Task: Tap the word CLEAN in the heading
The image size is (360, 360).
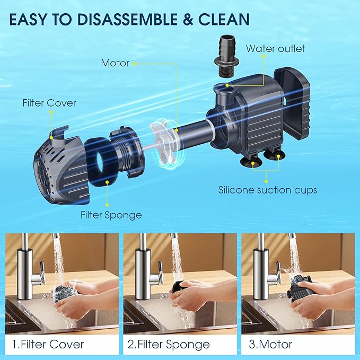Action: [x=224, y=19]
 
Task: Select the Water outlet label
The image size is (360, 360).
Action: [x=276, y=48]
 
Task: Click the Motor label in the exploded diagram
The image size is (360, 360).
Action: [x=115, y=63]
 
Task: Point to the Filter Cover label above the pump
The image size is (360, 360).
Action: [x=49, y=103]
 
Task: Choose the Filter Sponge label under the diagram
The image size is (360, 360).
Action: [x=111, y=215]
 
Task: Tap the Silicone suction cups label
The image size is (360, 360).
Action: [x=267, y=190]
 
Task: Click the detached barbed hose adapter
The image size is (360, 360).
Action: [x=226, y=57]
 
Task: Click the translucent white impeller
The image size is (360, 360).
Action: [x=165, y=144]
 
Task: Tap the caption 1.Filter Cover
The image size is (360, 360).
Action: [x=48, y=345]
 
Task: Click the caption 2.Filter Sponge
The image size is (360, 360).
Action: [x=169, y=345]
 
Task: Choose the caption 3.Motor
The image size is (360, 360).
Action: [x=270, y=345]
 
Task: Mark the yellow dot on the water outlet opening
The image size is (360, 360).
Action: [x=227, y=85]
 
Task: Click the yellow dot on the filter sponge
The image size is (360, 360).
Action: [x=107, y=182]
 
